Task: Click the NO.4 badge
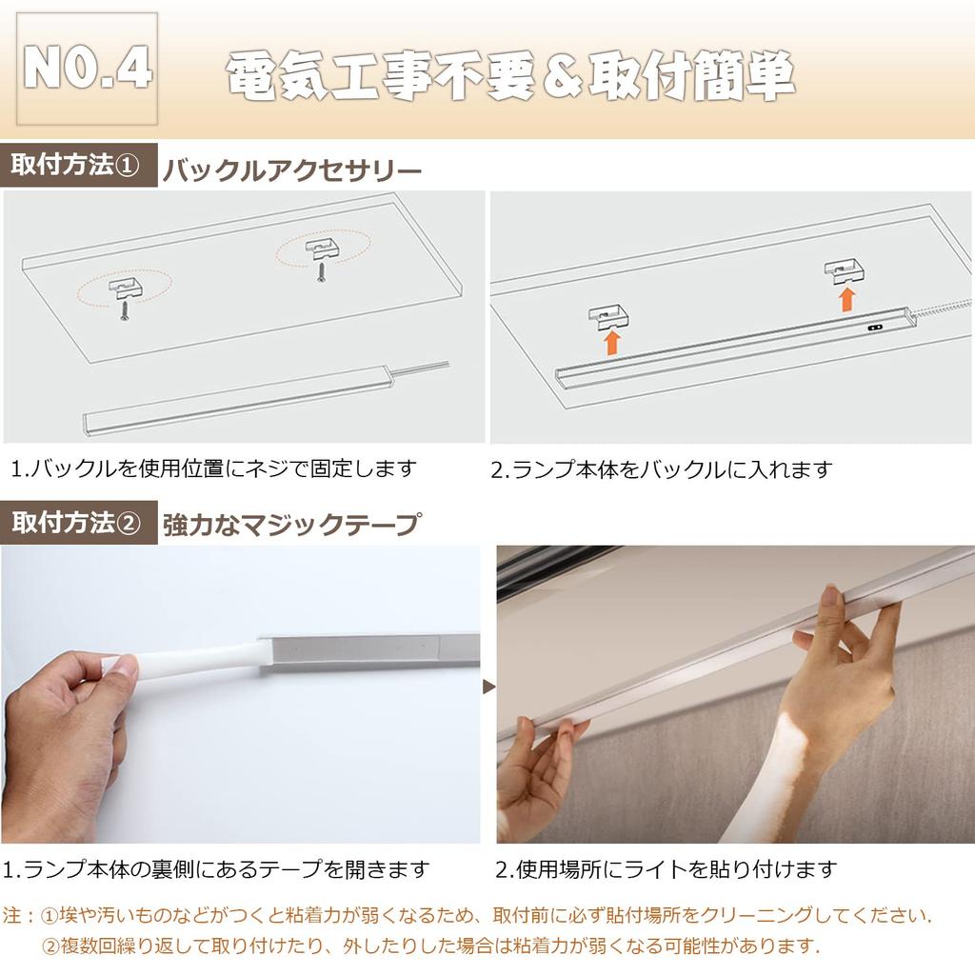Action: (88, 69)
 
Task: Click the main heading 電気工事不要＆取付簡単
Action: (510, 75)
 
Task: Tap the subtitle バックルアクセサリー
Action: (291, 171)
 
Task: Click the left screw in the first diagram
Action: (124, 311)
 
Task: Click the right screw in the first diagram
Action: (320, 269)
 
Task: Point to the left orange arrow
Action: (611, 341)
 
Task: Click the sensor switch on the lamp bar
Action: (874, 327)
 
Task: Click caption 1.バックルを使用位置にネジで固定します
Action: (214, 468)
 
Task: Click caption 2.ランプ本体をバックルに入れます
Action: (662, 468)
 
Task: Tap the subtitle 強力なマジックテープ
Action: (290, 525)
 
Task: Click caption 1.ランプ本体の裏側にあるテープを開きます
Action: (215, 869)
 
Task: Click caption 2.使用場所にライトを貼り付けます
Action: (666, 869)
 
